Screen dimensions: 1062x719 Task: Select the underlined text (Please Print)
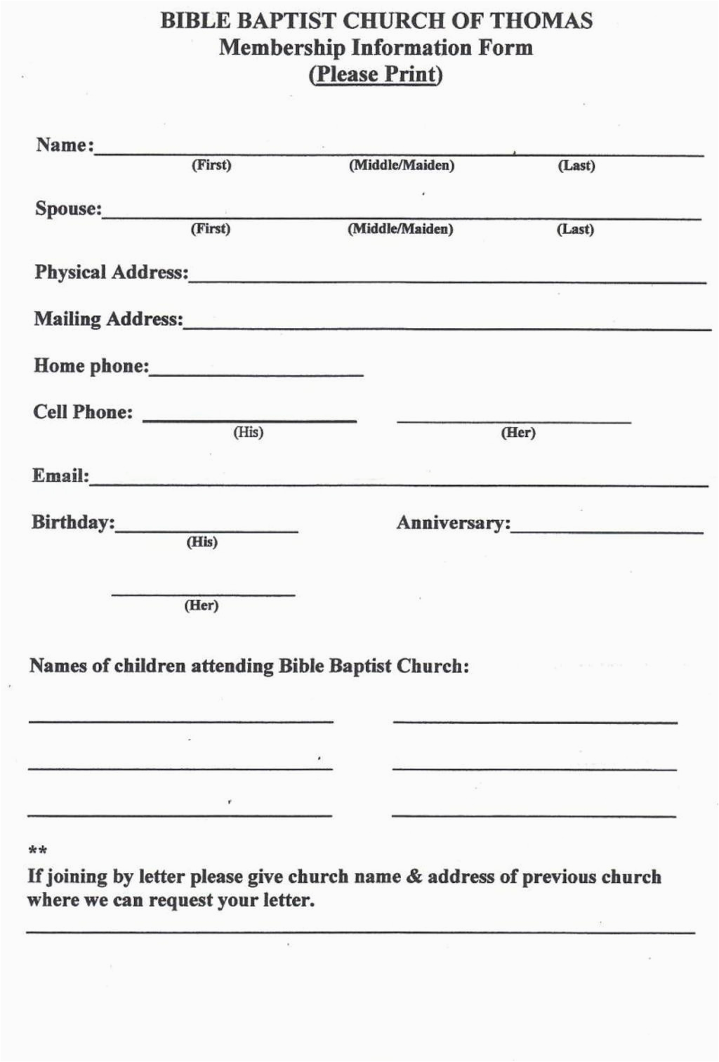pos(376,74)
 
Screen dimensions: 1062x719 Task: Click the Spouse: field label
pos(68,209)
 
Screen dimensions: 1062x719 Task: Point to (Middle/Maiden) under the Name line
pos(402,166)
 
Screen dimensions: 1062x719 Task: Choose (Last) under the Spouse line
pos(575,229)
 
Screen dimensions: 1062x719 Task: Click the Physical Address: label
pos(112,272)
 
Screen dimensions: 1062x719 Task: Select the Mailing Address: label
pos(108,319)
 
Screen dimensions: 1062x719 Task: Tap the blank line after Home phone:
pos(256,373)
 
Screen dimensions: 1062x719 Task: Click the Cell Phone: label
pos(83,412)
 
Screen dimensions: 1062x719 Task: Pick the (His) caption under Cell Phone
pos(248,432)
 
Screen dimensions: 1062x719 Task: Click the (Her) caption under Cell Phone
pos(518,433)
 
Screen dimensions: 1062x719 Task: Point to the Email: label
pos(60,476)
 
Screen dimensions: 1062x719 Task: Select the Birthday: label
pos(73,523)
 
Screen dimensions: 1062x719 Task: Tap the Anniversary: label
pos(454,523)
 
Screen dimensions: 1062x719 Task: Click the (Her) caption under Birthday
pos(202,605)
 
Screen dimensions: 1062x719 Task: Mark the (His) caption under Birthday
pos(202,542)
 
